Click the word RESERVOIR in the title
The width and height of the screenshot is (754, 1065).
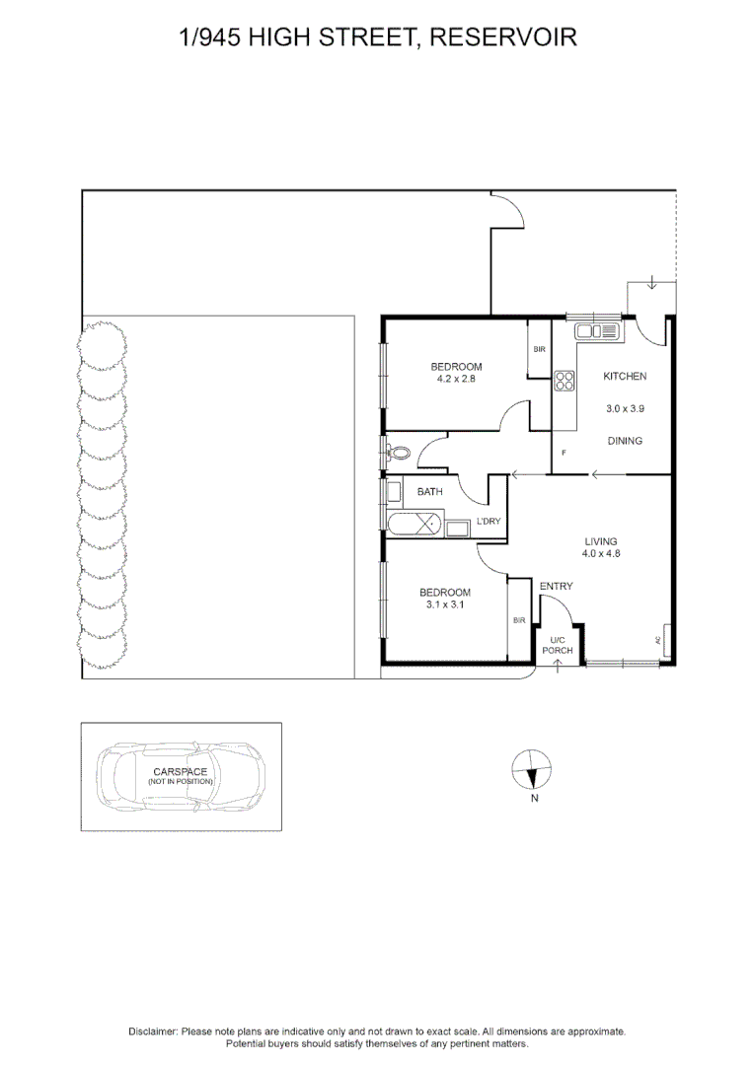(x=503, y=37)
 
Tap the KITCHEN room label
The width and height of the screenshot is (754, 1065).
(x=625, y=377)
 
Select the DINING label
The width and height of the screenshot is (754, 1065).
(x=625, y=441)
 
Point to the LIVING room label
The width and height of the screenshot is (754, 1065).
(x=600, y=541)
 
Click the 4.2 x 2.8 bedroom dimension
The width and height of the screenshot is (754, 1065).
(x=455, y=379)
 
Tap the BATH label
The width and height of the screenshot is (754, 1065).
(x=429, y=491)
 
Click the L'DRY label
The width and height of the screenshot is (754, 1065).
(x=489, y=521)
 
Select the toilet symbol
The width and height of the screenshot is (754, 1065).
(x=398, y=454)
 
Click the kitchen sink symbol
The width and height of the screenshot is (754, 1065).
(x=597, y=330)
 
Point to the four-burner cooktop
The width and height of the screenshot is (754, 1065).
(x=565, y=381)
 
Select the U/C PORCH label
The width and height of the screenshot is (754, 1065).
(x=559, y=646)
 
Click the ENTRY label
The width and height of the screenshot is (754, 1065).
(x=556, y=587)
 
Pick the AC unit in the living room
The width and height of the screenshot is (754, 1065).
(x=666, y=640)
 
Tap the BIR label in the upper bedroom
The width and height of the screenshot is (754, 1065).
(x=539, y=350)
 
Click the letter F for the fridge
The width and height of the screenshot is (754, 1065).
(x=564, y=453)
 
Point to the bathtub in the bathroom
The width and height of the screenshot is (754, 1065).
(x=415, y=525)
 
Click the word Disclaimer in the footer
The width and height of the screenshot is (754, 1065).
(x=152, y=1030)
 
